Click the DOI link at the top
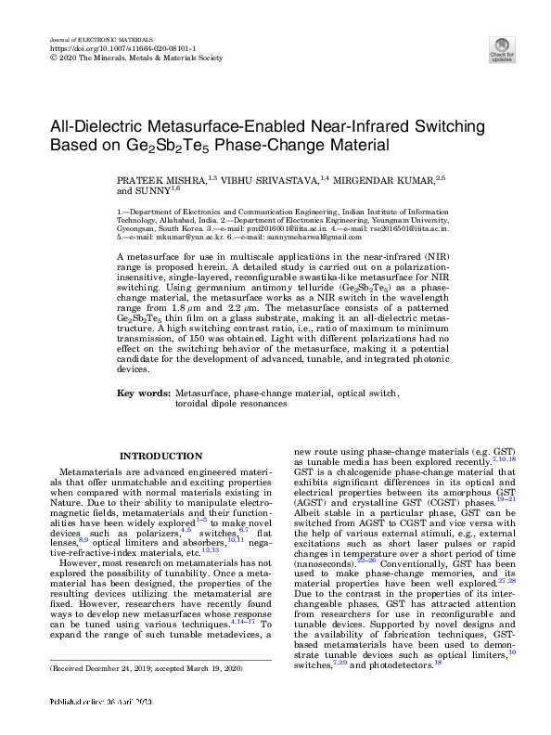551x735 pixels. (105, 49)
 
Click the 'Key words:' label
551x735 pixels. (143, 394)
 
